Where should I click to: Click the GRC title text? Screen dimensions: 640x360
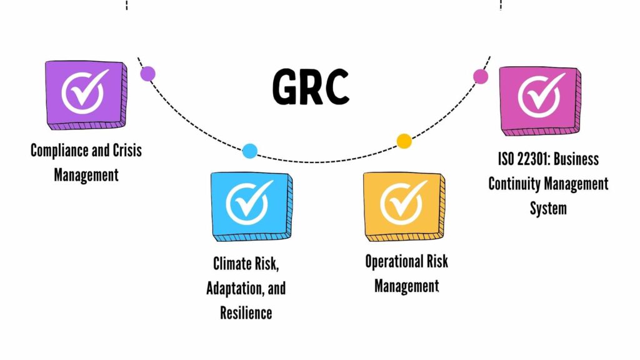tap(311, 86)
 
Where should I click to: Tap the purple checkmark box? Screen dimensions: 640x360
tap(86, 95)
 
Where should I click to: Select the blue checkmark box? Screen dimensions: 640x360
tap(252, 206)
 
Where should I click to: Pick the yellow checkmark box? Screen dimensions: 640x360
tap(404, 206)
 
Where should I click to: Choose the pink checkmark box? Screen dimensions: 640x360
tap(540, 101)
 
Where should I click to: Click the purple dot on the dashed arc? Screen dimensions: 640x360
tap(147, 74)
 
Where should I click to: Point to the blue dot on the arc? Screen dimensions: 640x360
tap(250, 151)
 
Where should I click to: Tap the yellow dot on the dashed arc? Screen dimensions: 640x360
tap(404, 141)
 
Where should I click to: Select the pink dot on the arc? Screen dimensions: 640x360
tap(481, 76)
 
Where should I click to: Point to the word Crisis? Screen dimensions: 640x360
tap(127, 150)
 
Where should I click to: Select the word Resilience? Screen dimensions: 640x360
tap(246, 313)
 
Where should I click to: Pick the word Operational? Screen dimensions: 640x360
tap(394, 262)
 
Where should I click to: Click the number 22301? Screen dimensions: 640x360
tap(533, 159)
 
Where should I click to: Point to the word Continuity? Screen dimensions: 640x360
tap(515, 184)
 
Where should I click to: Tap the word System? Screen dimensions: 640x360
tap(548, 209)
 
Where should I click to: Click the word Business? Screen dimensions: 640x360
tap(576, 159)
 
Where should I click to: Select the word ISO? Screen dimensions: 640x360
tap(506, 159)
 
